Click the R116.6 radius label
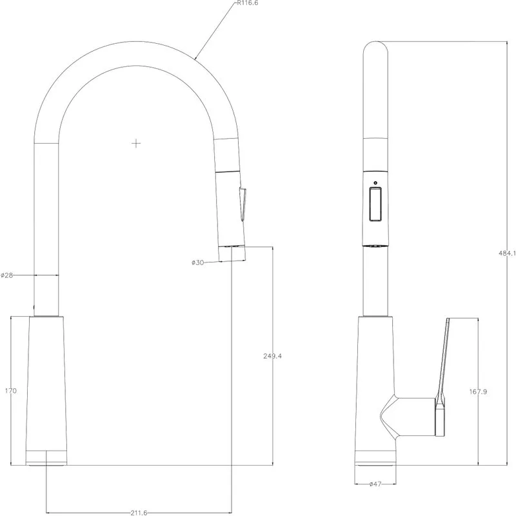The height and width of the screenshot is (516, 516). click(248, 3)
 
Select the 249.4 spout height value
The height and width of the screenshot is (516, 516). click(272, 356)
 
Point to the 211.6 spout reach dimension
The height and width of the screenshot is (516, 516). click(139, 512)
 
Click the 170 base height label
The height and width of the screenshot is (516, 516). click(11, 391)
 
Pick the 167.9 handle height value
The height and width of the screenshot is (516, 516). click(478, 392)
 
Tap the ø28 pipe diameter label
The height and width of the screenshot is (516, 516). click(7, 275)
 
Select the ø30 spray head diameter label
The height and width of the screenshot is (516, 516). click(198, 263)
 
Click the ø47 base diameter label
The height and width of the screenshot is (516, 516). click(375, 484)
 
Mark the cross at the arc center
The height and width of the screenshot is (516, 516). click(136, 143)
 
